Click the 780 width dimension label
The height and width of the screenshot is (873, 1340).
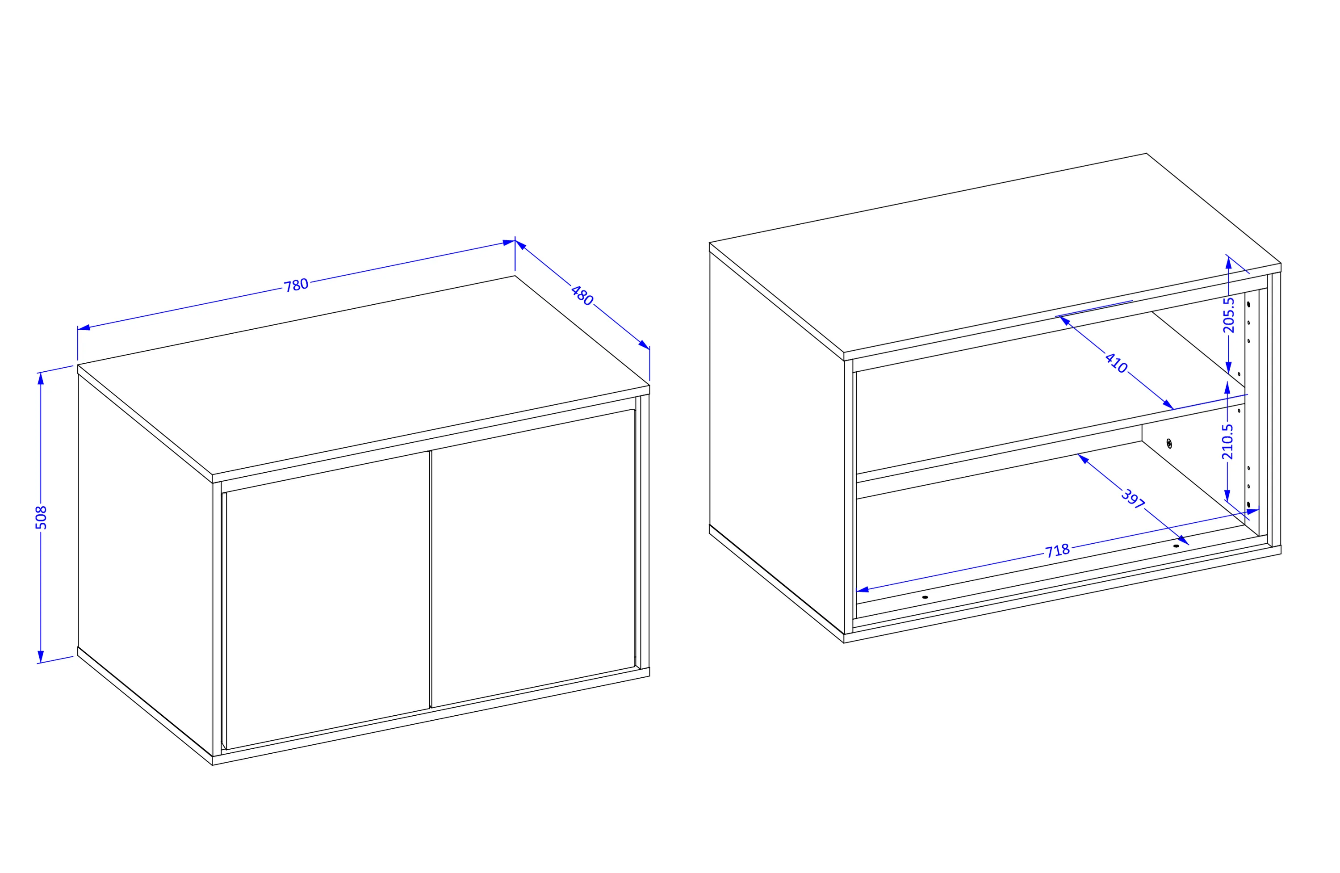pos(296,285)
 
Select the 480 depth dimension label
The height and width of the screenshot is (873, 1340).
pos(582,296)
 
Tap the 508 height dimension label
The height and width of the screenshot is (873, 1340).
pos(41,518)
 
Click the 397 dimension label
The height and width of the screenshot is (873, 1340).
pos(1133,499)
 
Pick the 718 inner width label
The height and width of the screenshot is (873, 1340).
pos(1057,551)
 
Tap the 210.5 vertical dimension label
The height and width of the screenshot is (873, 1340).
pos(1227,441)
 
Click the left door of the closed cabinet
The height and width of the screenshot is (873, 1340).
pos(328,600)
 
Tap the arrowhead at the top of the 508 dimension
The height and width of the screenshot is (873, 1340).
pos(41,378)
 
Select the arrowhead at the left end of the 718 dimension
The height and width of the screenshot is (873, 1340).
pos(863,590)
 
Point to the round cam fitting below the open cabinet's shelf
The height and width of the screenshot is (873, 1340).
pos(1169,444)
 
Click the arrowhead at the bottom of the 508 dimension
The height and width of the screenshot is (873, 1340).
pos(41,657)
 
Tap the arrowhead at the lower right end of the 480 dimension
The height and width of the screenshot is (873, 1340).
pos(644,345)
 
